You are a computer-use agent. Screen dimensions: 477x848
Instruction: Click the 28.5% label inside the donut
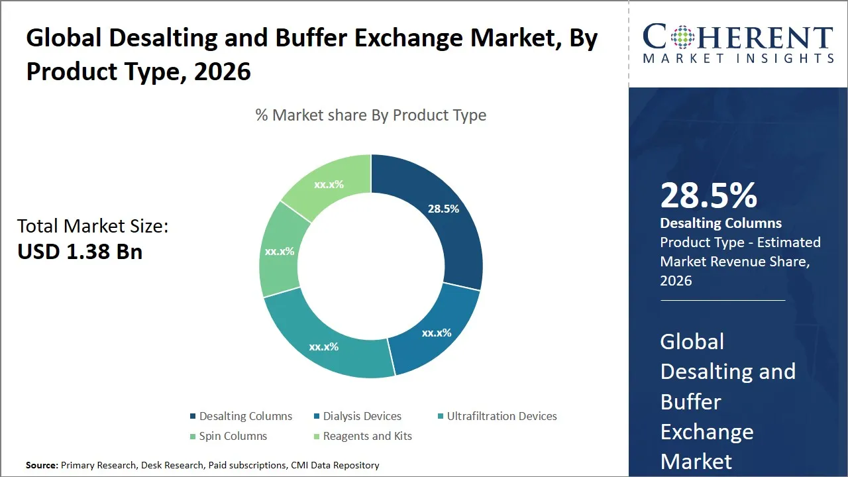tap(443, 209)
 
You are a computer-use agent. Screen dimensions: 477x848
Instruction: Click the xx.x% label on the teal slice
tap(323, 346)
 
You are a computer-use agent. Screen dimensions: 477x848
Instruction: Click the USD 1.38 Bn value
tap(79, 252)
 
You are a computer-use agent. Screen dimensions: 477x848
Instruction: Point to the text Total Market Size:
tap(93, 227)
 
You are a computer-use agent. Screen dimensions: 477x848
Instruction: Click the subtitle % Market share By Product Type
tap(371, 115)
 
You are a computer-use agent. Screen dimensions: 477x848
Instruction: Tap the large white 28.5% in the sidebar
tap(709, 196)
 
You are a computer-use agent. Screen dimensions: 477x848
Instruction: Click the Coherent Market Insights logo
tap(738, 44)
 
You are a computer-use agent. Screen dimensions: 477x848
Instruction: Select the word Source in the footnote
tap(42, 466)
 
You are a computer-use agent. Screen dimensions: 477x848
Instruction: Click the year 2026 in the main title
tap(222, 71)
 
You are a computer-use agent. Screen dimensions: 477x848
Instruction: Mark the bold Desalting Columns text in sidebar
tap(721, 223)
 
